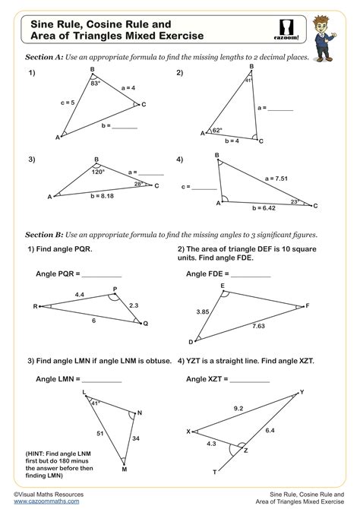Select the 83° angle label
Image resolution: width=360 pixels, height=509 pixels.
96,83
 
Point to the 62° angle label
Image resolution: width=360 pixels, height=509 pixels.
217,130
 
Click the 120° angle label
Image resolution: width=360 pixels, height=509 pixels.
96,172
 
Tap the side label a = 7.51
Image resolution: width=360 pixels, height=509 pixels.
278,179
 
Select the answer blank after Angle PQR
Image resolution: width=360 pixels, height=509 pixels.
101,274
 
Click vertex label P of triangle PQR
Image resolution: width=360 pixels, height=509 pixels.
115,289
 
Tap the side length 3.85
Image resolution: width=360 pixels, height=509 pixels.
202,311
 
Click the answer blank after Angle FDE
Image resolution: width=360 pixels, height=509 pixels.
251,274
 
